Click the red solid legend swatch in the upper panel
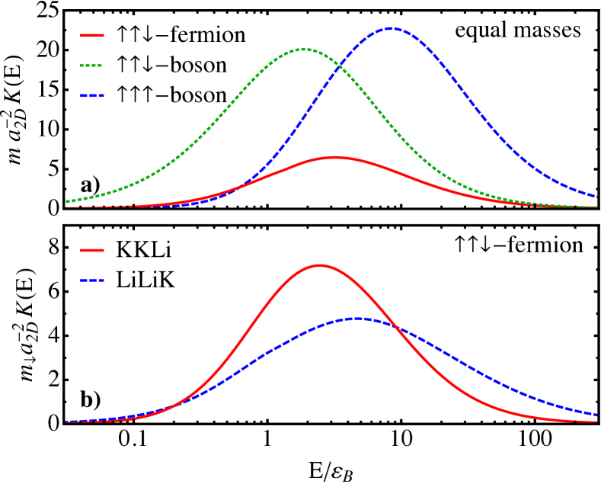(92, 35)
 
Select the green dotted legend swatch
(92, 66)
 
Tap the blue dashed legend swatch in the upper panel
(92, 96)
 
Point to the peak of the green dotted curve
(304, 49)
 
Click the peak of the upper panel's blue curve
(391, 28)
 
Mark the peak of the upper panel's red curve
(335, 158)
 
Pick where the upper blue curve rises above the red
(242, 185)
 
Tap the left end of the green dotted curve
(66, 202)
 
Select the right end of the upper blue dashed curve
(596, 197)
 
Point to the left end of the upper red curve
(66, 207)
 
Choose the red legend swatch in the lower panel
(92, 250)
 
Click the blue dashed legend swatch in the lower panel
(92, 280)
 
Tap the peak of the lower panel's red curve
(319, 265)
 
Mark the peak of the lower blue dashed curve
(359, 319)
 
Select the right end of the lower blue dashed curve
(596, 415)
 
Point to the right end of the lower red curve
(596, 421)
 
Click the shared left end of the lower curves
(66, 421)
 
